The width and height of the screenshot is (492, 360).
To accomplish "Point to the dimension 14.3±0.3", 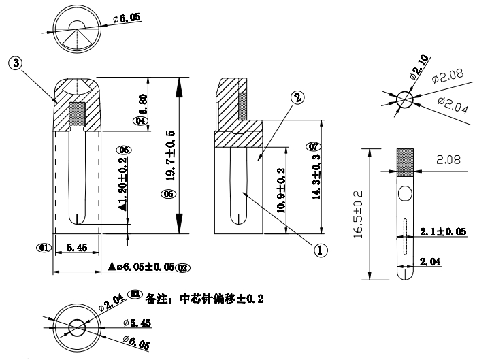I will tap(315, 178).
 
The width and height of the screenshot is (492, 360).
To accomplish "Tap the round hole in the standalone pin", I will tap(406, 195).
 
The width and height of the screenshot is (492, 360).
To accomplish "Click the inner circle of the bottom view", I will tap(76, 326).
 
